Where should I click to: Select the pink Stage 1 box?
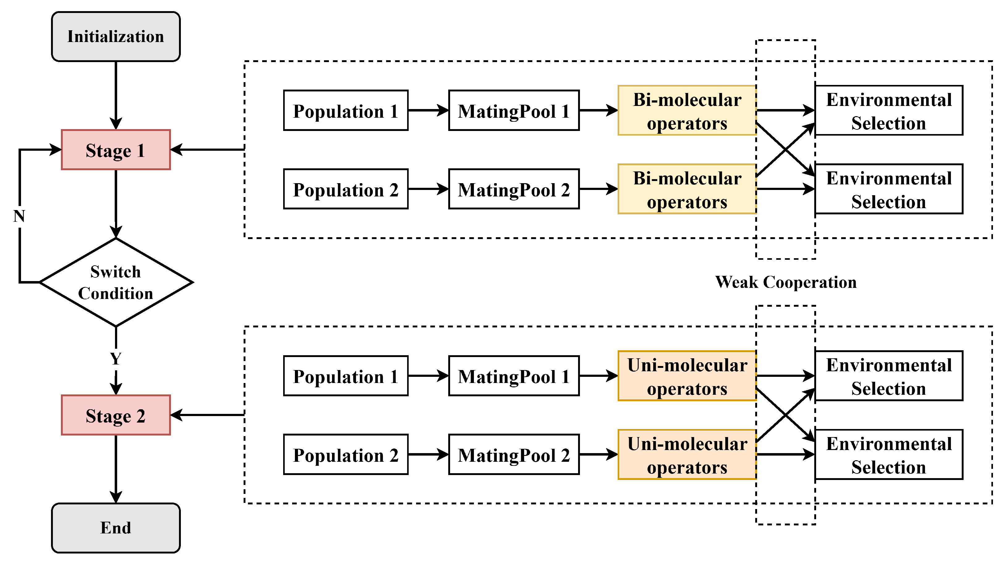(116, 150)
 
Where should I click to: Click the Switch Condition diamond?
(116, 282)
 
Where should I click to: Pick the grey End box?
(116, 528)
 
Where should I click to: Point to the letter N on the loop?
(19, 216)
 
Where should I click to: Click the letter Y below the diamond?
(116, 359)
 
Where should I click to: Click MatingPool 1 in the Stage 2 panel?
(513, 376)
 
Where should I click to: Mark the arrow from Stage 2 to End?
(116, 468)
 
